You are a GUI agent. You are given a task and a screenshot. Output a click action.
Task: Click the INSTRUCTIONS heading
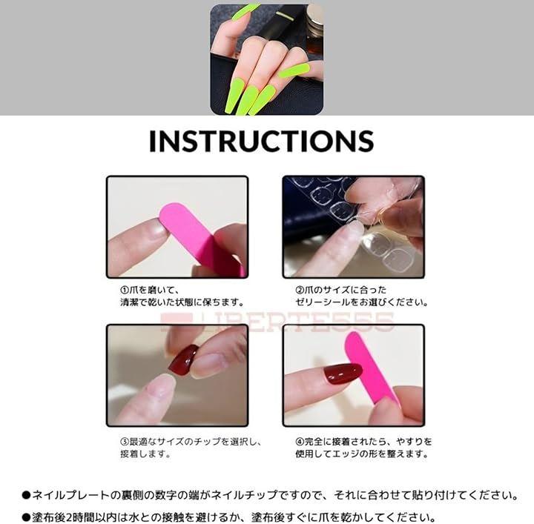coord(262,141)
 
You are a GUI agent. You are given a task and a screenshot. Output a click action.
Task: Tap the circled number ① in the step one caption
coord(125,291)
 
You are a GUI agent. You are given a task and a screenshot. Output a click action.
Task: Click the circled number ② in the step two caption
coord(300,291)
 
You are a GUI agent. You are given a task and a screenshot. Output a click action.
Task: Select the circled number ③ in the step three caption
coord(125,442)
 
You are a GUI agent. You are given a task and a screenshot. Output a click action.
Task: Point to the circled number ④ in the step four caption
coord(300,442)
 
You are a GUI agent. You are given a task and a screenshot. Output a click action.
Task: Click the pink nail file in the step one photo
coord(201,238)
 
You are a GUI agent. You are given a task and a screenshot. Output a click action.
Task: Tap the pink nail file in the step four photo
coord(369,368)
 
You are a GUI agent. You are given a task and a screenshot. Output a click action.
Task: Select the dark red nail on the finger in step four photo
coord(342,374)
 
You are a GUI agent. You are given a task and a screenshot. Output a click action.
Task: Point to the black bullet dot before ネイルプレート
coord(26,495)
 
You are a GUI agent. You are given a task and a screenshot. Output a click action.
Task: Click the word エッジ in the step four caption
coord(346,454)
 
